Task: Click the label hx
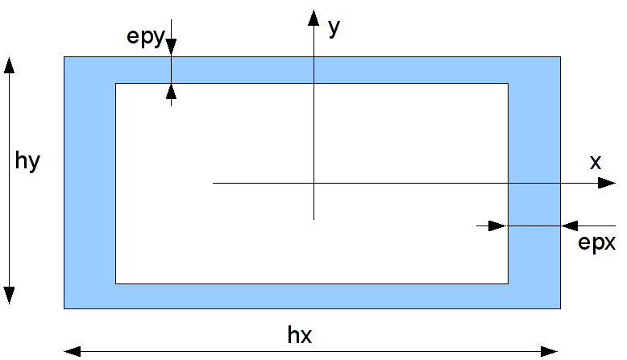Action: [x=299, y=335]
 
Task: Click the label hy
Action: [x=27, y=161]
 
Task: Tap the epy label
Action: [x=145, y=38]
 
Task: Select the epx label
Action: [x=597, y=242]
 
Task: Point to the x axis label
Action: [x=596, y=162]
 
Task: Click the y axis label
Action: [x=334, y=27]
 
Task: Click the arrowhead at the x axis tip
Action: [x=608, y=184]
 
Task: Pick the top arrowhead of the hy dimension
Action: [x=10, y=65]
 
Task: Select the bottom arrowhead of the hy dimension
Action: [x=10, y=296]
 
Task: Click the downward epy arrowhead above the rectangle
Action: [x=171, y=48]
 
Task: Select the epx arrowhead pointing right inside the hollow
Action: [x=499, y=226]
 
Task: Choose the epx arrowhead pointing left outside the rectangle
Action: [x=569, y=226]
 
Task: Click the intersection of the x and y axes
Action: [x=313, y=184]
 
